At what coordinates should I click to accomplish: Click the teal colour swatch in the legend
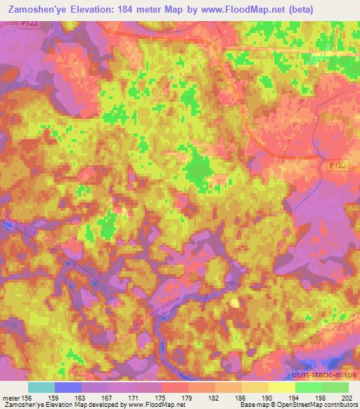point(41,387)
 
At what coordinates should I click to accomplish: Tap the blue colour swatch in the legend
point(68,387)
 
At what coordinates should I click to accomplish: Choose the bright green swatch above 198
point(309,387)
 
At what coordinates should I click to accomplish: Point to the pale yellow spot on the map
point(234,302)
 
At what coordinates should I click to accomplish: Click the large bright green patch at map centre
point(199,169)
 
